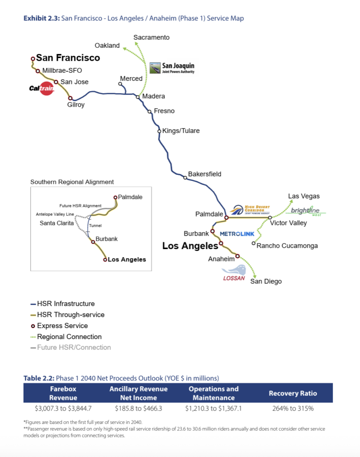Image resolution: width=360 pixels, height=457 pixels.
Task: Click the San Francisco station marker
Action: [33, 58]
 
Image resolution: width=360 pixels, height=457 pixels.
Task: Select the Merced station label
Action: [131, 79]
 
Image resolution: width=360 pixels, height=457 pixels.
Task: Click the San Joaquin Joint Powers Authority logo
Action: [172, 68]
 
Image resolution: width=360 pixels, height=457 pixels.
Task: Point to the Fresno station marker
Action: [150, 112]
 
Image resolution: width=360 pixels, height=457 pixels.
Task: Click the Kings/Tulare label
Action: [181, 131]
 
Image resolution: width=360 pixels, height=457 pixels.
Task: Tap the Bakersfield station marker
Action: [185, 178]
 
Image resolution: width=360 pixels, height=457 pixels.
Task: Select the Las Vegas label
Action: [304, 196]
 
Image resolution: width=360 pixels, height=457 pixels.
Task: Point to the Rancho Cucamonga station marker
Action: [253, 244]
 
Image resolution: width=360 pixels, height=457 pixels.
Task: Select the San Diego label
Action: [266, 281]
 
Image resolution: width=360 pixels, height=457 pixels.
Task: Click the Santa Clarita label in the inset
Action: [57, 223]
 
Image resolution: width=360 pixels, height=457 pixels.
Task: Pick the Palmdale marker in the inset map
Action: [115, 197]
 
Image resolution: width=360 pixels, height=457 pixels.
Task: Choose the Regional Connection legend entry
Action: [69, 337]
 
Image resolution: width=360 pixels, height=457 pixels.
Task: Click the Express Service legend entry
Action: [62, 326]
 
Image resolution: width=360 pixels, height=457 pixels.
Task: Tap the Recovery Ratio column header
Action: [293, 393]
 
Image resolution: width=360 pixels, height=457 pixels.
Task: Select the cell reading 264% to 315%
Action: [293, 408]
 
